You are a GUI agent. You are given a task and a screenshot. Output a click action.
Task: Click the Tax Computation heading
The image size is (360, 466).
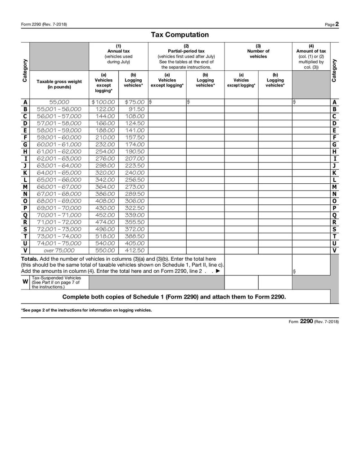(x=180, y=35)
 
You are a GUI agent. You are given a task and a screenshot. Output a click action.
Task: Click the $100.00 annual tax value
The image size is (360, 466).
(x=103, y=102)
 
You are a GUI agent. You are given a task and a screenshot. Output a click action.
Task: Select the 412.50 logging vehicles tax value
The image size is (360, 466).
(x=134, y=250)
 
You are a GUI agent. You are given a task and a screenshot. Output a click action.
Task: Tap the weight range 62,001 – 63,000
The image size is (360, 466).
(x=59, y=158)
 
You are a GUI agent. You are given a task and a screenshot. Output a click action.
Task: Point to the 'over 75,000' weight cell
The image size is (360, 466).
(x=59, y=250)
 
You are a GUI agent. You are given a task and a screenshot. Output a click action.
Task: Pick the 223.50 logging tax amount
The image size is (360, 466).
(x=134, y=166)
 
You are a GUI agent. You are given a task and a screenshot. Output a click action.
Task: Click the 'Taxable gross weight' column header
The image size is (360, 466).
(x=59, y=84)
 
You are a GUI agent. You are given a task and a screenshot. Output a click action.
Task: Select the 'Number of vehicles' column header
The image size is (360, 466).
(x=258, y=54)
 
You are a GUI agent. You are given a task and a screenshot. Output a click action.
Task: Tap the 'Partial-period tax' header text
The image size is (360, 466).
(x=186, y=51)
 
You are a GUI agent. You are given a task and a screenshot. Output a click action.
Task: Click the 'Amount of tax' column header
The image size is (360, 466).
(x=311, y=51)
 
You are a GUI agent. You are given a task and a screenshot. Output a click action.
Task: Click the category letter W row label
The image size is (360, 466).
(x=25, y=282)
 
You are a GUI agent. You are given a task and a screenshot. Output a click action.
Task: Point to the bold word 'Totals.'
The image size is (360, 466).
(x=30, y=259)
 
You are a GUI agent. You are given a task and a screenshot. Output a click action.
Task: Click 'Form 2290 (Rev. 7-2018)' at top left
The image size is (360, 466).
(x=44, y=24)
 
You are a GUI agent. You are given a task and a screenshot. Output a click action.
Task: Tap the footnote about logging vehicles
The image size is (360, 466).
(x=86, y=310)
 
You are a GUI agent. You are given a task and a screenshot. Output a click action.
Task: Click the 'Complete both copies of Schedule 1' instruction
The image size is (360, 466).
(x=174, y=297)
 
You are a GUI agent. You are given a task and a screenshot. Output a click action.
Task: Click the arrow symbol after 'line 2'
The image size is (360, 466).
(x=218, y=271)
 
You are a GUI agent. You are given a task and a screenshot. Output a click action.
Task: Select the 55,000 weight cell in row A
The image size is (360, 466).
(x=59, y=102)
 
